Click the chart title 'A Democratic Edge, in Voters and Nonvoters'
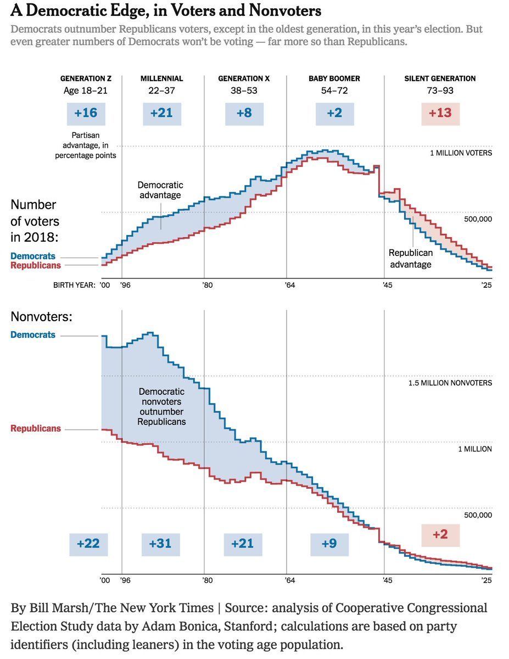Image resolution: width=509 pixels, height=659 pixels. pyautogui.click(x=165, y=10)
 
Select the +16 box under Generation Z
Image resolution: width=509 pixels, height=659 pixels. pyautogui.click(x=86, y=113)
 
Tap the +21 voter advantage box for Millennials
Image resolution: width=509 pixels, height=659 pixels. pyautogui.click(x=161, y=113)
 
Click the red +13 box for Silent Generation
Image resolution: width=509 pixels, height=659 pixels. pyautogui.click(x=440, y=113)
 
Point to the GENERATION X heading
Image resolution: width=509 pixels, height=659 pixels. pyautogui.click(x=244, y=79)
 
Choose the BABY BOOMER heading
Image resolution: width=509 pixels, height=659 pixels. pyautogui.click(x=334, y=79)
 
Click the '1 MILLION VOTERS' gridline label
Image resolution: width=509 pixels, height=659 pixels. pyautogui.click(x=461, y=153)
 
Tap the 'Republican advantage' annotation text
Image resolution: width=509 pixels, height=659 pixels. pyautogui.click(x=411, y=259)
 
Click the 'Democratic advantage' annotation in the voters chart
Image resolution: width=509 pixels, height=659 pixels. pyautogui.click(x=160, y=190)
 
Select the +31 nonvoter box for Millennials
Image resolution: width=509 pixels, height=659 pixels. pyautogui.click(x=160, y=544)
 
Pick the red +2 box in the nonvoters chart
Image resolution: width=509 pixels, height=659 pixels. pyautogui.click(x=440, y=534)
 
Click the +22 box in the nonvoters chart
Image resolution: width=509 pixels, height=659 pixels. pyautogui.click(x=88, y=544)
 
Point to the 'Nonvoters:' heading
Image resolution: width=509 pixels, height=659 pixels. pyautogui.click(x=42, y=317)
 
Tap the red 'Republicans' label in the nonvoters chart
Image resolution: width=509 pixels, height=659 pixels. pyautogui.click(x=36, y=428)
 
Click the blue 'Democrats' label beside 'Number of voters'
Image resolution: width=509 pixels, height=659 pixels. pyautogui.click(x=33, y=256)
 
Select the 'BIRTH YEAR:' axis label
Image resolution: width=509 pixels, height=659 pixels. pyautogui.click(x=74, y=285)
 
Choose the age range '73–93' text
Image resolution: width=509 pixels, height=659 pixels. pyautogui.click(x=440, y=91)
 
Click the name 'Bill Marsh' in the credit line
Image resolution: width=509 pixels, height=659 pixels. pyautogui.click(x=55, y=608)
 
